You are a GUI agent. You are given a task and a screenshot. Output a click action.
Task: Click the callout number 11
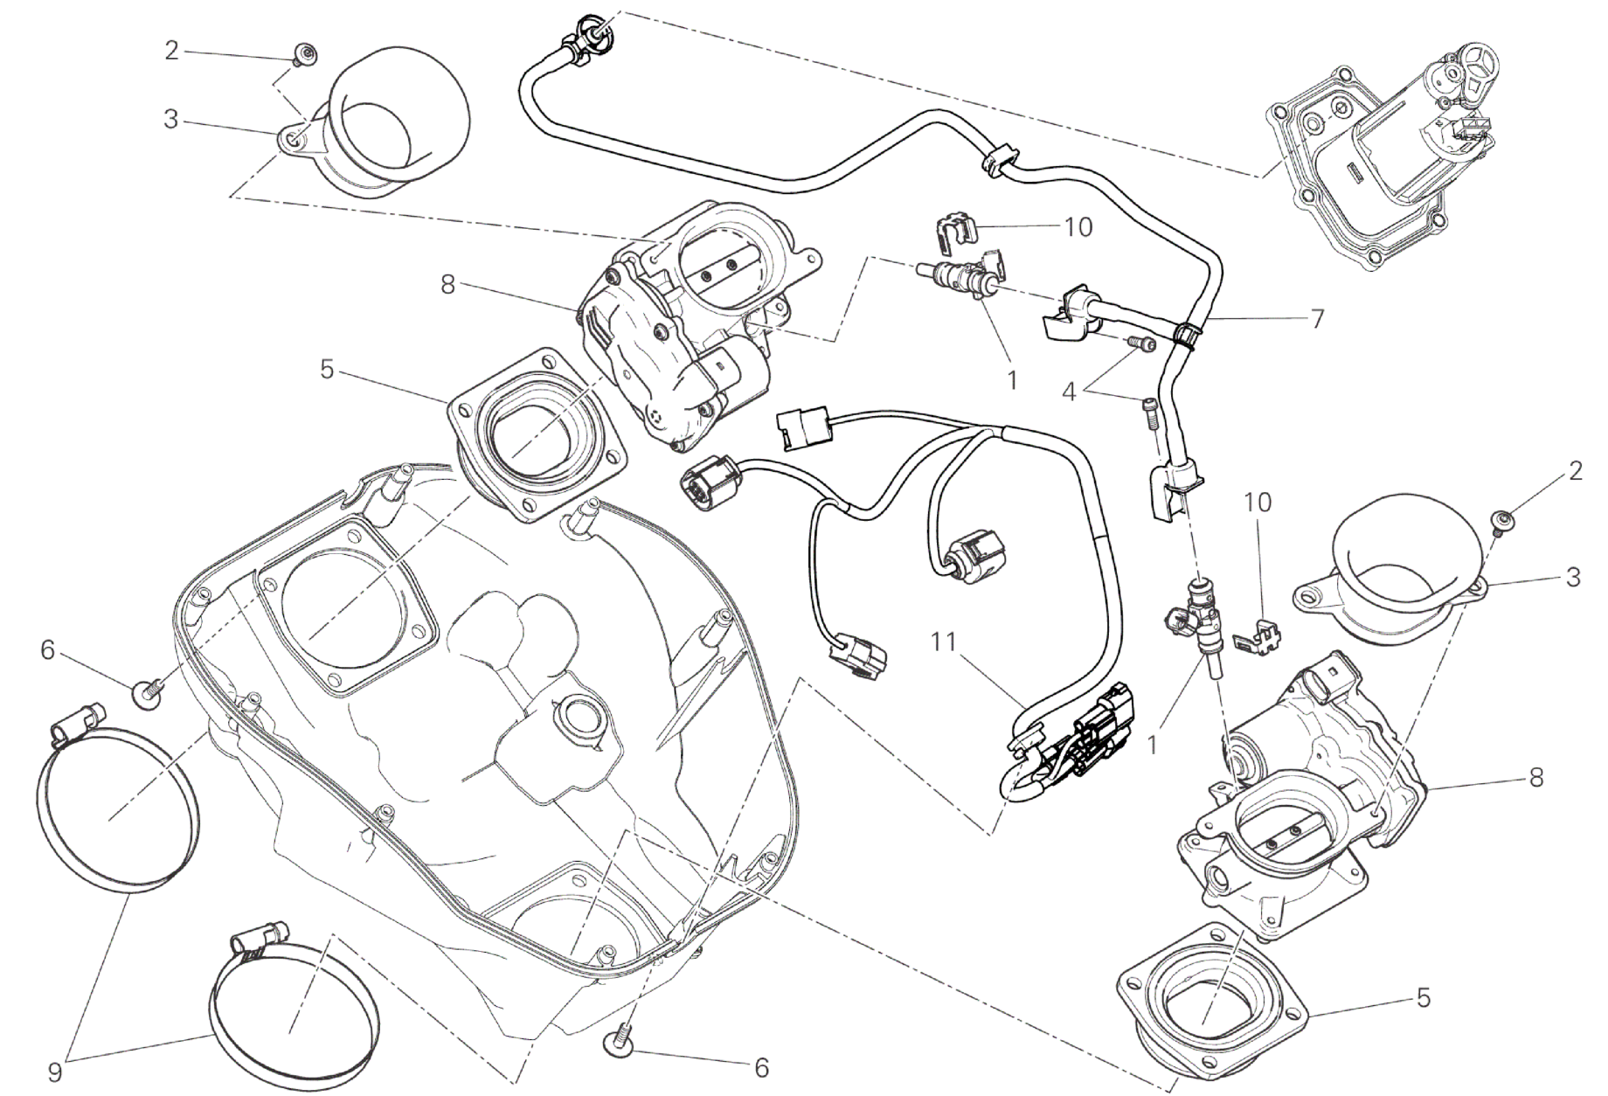point(944,644)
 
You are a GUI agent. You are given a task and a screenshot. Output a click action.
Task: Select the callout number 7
point(1317,318)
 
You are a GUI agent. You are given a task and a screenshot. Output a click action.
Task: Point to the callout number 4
point(1069,392)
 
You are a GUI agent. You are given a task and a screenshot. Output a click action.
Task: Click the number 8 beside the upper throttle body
point(448,285)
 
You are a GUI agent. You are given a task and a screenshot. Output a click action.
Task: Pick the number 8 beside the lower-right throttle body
point(1536,776)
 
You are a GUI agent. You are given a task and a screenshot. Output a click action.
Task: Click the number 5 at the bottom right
point(1424,997)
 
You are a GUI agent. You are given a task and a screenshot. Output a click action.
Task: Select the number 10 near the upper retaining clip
point(1079,227)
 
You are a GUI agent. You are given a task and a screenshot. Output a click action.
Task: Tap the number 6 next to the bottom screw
point(761,1067)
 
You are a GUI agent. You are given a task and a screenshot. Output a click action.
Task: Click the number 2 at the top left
point(171,51)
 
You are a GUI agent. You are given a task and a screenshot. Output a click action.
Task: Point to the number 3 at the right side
point(1573,577)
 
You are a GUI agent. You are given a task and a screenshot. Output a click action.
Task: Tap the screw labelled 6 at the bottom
point(619,1041)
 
